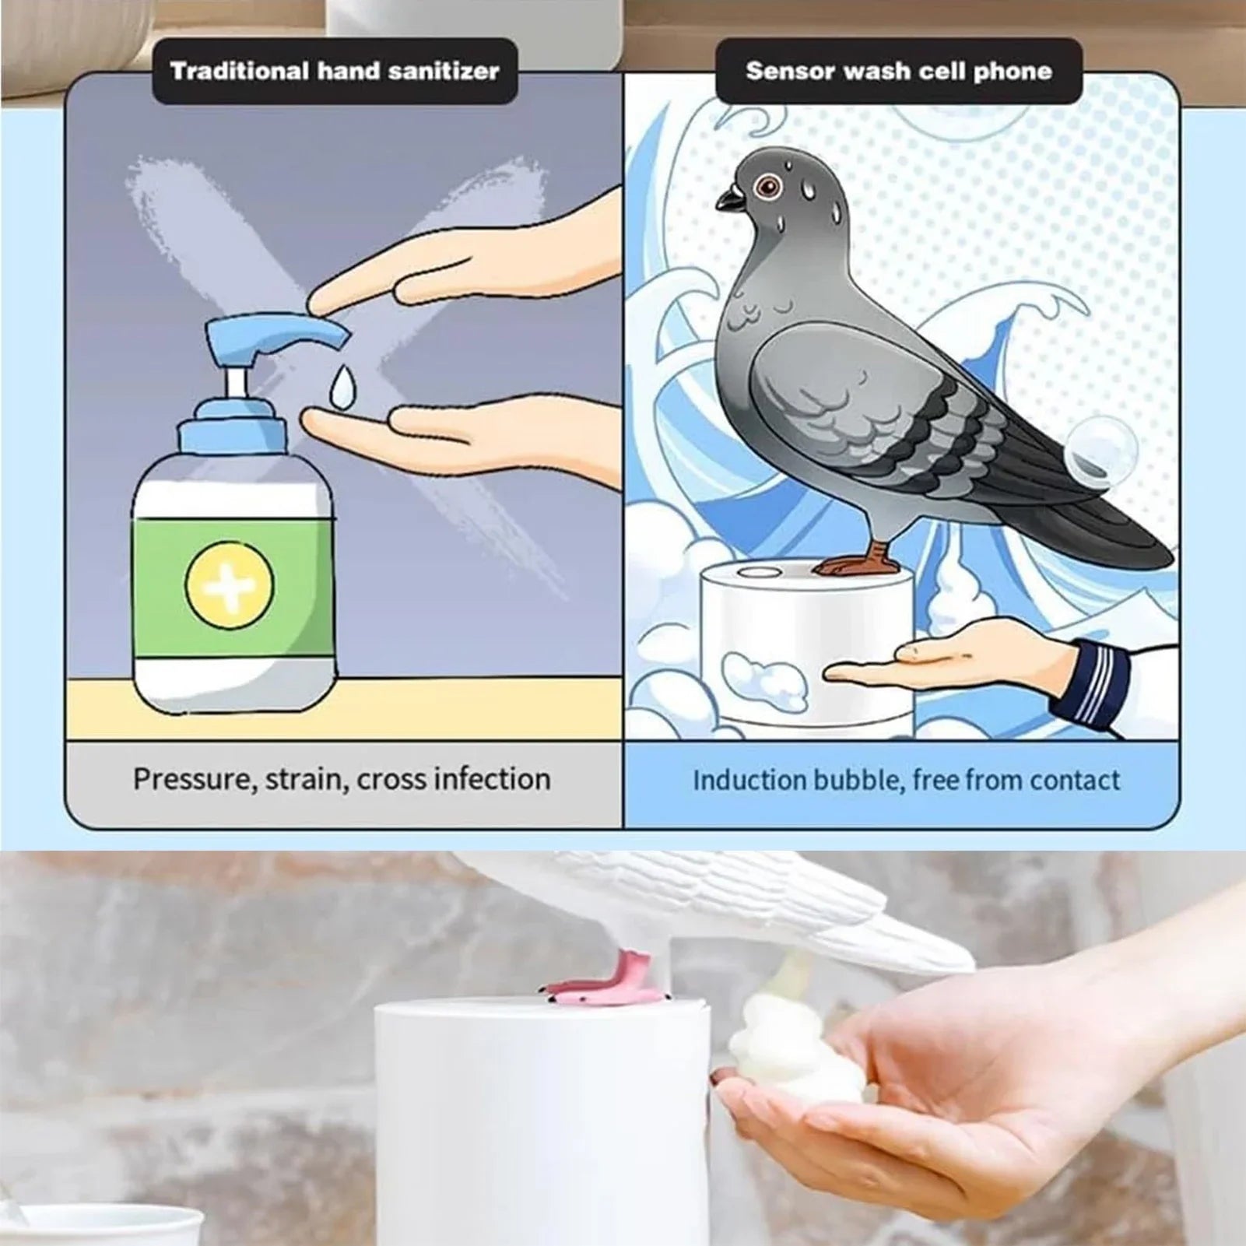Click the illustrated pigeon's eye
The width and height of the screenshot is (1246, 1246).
coord(770,185)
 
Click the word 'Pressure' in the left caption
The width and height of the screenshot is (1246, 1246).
coord(194,780)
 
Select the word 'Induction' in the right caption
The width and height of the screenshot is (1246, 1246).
coord(749,781)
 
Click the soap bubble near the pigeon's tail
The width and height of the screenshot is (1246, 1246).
coord(1100,451)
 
